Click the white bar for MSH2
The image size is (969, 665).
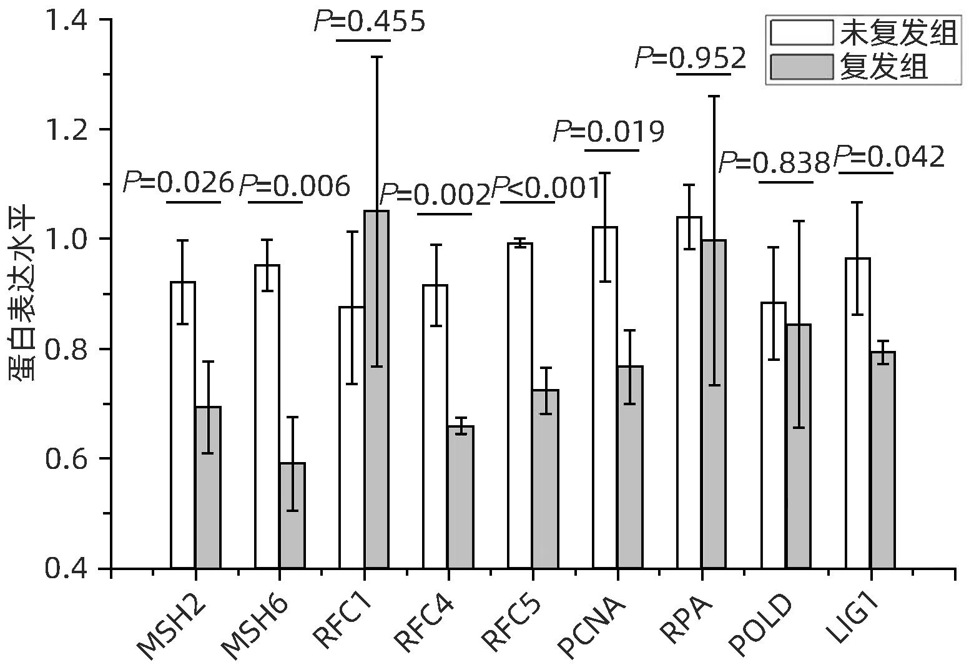182,425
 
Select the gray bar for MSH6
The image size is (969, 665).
292,515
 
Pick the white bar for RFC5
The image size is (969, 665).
519,406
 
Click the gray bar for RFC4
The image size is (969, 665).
461,496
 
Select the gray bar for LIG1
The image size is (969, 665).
882,460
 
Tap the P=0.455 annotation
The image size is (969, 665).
369,22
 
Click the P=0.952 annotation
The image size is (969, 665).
691,59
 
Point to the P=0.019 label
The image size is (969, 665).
609,132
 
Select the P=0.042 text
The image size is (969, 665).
889,157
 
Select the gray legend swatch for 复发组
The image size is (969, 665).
802,67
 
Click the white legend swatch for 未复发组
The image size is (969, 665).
802,32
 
